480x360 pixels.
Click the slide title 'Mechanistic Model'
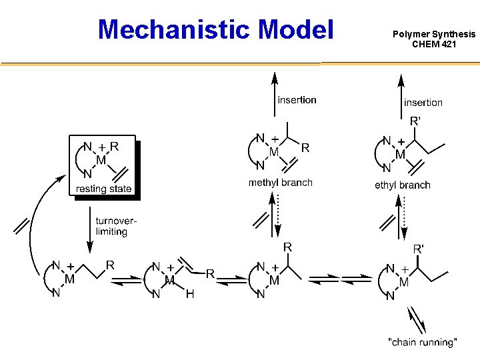215,29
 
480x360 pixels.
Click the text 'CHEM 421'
434,44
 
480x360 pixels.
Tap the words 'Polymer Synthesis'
434,33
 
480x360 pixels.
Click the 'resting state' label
104,189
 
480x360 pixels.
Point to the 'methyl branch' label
280,183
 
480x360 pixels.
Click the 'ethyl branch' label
402,185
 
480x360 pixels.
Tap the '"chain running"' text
422,343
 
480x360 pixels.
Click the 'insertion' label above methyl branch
297,100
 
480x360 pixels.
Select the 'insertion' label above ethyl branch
423,102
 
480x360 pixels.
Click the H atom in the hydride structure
190,294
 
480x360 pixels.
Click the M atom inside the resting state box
101,160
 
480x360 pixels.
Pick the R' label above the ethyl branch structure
415,121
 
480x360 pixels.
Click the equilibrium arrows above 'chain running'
417,319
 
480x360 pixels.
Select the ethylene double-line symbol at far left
24,227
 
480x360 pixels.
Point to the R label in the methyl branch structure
305,148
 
